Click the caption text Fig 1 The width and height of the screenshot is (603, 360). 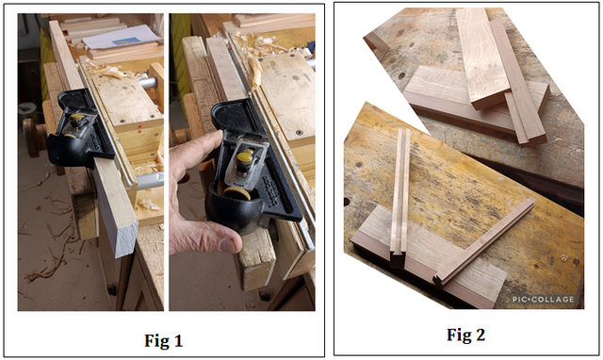click(x=163, y=341)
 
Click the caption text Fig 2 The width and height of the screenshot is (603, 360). click(x=465, y=335)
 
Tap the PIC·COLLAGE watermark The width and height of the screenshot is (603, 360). click(x=543, y=300)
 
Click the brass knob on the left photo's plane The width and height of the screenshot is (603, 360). click(x=77, y=117)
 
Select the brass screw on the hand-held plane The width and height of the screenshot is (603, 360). click(x=245, y=158)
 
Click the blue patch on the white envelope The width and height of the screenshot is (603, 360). click(x=126, y=41)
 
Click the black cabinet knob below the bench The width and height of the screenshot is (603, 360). click(x=112, y=289)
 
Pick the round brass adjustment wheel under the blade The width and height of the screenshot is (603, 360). click(x=236, y=193)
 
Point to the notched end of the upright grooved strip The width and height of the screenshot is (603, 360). click(x=397, y=259)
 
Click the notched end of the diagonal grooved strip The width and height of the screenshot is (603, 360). click(x=439, y=280)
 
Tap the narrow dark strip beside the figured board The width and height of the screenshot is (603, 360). click(x=518, y=82)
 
